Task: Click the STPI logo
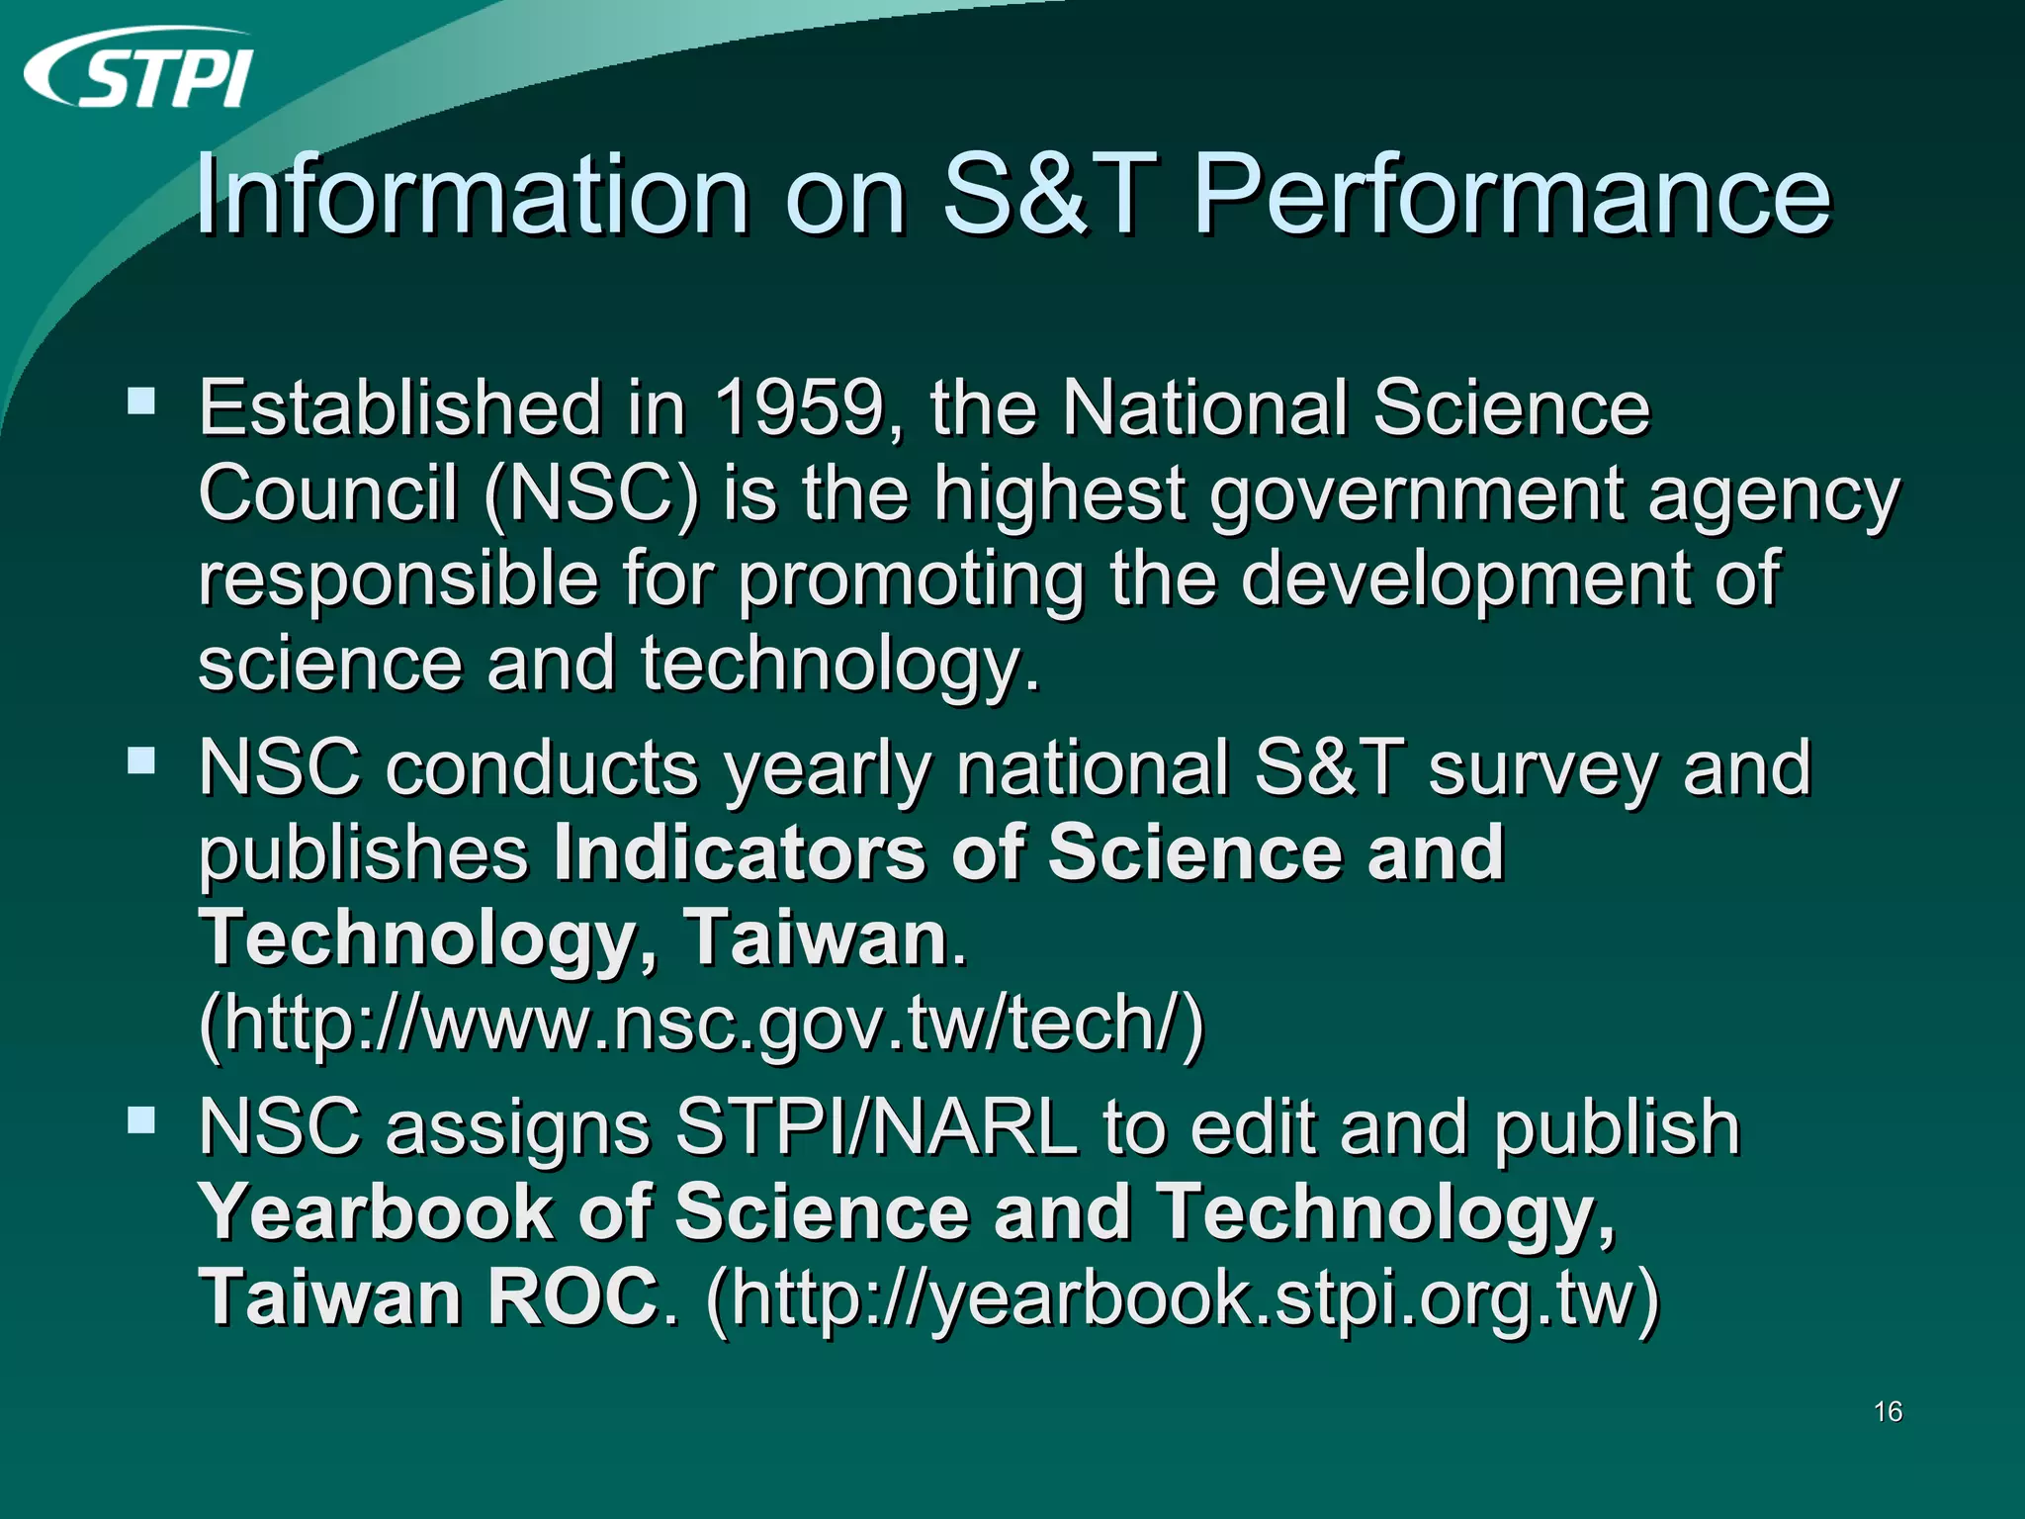point(138,69)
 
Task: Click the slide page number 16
point(1888,1411)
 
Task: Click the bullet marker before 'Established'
point(141,401)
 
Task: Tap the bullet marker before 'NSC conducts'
point(141,760)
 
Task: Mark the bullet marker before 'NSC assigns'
point(141,1120)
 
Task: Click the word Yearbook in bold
point(377,1211)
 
